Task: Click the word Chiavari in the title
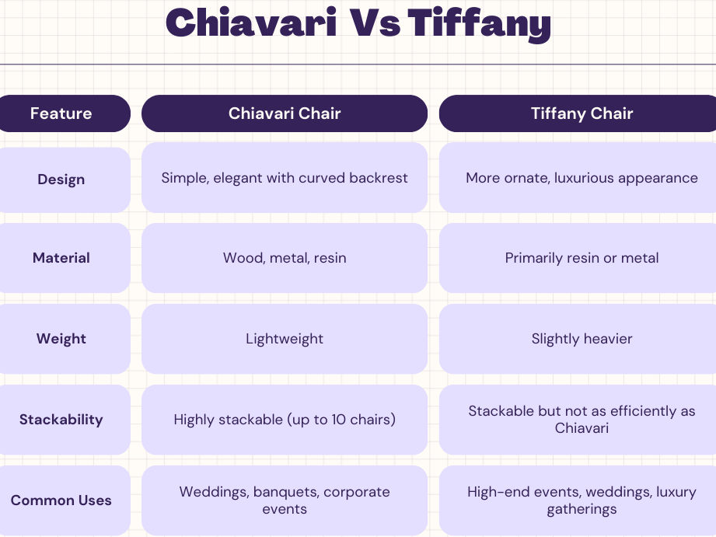(x=251, y=22)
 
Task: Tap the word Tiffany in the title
(x=480, y=25)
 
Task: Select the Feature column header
(x=61, y=113)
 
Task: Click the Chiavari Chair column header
(x=285, y=113)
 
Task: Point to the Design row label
(x=61, y=180)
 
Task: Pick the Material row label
(x=61, y=258)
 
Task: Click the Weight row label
(x=61, y=339)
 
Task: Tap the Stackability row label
(x=61, y=420)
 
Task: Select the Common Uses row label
(x=61, y=500)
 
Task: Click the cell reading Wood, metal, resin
(x=285, y=258)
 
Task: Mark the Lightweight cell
(x=285, y=339)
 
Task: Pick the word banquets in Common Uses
(x=286, y=492)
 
